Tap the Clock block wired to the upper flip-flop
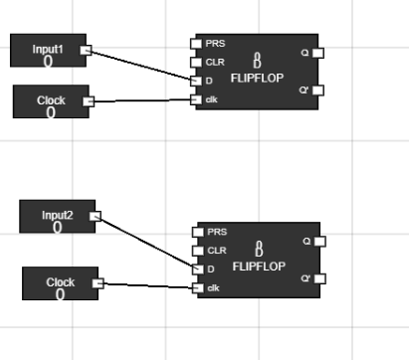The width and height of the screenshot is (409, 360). [x=51, y=101]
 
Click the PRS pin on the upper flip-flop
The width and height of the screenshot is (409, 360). [x=196, y=44]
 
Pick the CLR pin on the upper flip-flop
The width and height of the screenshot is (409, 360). [x=196, y=62]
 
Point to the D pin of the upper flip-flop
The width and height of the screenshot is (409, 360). [x=196, y=81]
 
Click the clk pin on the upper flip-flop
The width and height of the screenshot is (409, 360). [x=196, y=98]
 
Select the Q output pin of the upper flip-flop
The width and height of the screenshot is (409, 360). [x=318, y=53]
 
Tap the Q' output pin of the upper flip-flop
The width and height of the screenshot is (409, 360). [x=318, y=90]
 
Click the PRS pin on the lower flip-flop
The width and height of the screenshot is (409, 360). [x=197, y=232]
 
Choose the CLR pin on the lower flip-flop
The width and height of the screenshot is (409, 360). [x=197, y=251]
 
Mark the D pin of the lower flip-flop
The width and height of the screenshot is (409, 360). [x=197, y=269]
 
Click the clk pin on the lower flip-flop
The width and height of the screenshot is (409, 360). [x=197, y=287]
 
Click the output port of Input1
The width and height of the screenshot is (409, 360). [x=86, y=50]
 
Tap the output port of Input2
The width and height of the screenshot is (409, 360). [x=96, y=216]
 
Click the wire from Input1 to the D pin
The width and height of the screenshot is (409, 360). [x=139, y=65]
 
